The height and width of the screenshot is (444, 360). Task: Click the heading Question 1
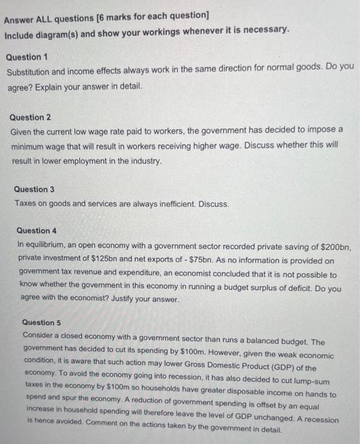(27, 57)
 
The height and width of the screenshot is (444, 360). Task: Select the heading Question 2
(31, 117)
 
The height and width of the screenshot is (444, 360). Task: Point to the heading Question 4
(37, 230)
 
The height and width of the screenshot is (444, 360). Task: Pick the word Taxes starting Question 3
(27, 204)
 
